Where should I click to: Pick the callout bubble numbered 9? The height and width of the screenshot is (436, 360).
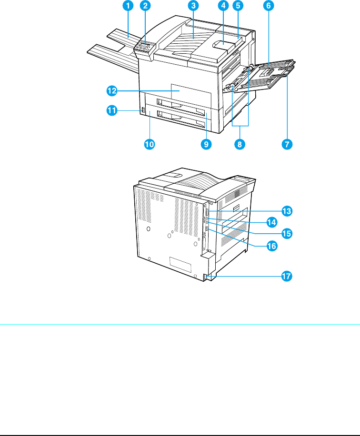coord(206,144)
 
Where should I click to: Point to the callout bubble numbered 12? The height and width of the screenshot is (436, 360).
coord(112,89)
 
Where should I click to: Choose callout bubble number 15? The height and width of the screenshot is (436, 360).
coord(287,234)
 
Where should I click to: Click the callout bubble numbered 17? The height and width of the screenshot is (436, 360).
coord(287,276)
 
